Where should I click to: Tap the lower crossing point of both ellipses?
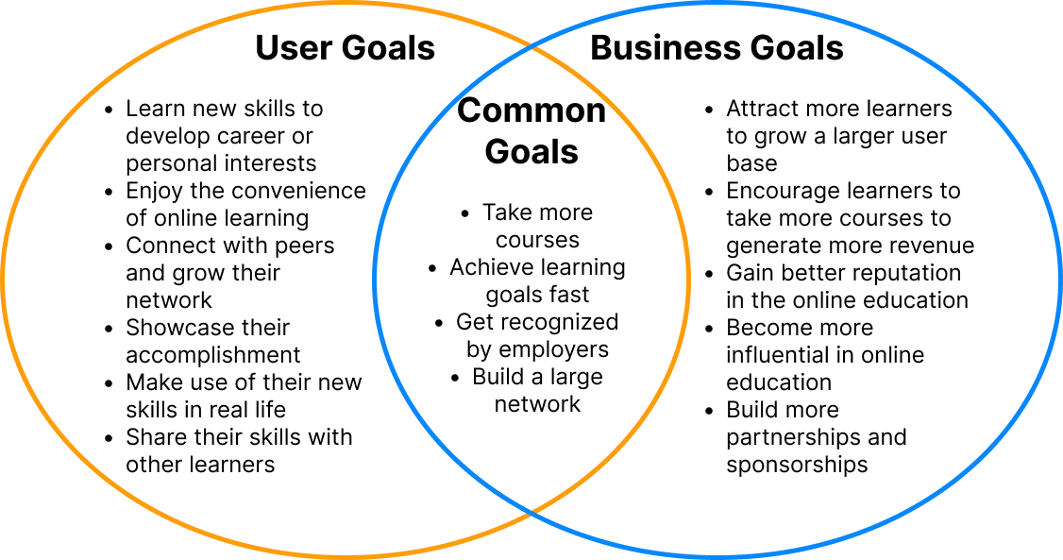pos(531,513)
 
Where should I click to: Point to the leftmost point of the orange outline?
pos(4,279)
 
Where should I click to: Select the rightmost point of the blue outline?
pos(1059,279)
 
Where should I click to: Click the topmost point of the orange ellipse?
pos(346,4)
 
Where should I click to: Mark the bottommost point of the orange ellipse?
pos(346,555)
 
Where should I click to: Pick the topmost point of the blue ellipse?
pos(717,4)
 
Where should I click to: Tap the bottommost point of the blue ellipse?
pos(717,555)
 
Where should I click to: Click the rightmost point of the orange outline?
pos(688,279)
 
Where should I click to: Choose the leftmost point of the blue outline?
pos(375,279)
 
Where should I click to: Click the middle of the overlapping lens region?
pos(531,279)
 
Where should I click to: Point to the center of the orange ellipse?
pos(346,279)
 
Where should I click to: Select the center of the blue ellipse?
pos(717,279)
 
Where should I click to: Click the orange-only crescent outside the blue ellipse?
pos(189,279)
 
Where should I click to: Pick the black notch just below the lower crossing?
pos(531,542)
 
